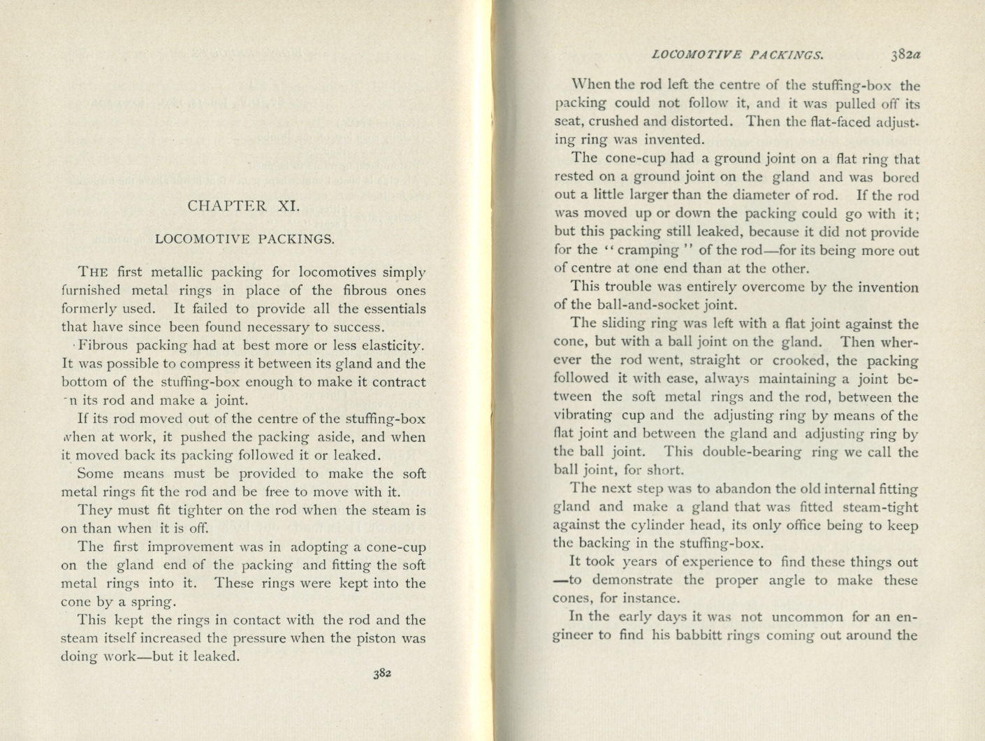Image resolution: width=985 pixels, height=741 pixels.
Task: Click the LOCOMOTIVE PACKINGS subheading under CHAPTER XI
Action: click(245, 239)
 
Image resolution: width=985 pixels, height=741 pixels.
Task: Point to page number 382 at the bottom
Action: click(381, 674)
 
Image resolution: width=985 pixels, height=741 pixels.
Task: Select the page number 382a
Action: click(906, 54)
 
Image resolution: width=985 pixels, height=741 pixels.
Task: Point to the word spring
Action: click(154, 602)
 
